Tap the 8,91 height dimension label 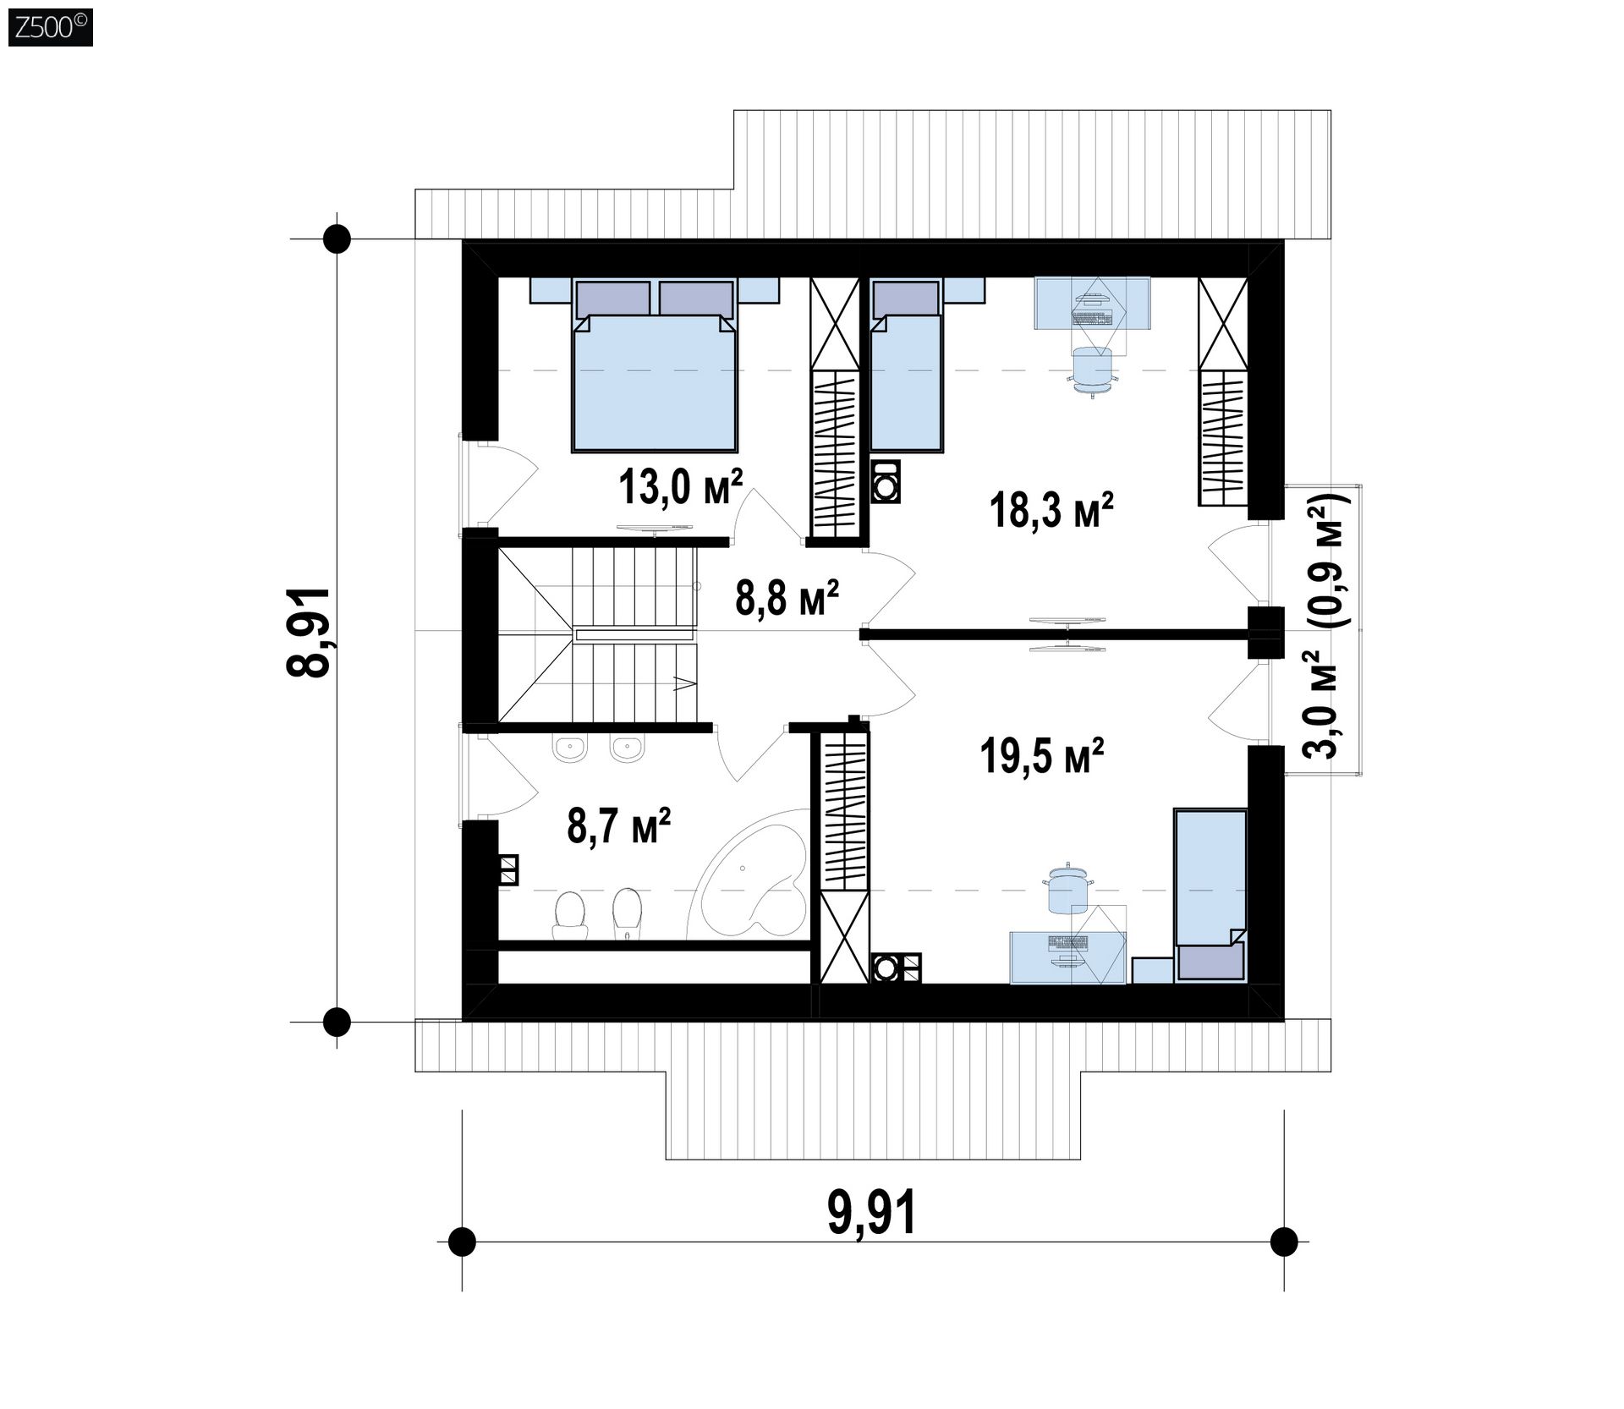tap(307, 630)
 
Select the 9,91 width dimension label tap(872, 1215)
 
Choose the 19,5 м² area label tap(1042, 755)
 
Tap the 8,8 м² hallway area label tap(787, 597)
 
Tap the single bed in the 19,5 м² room tap(1210, 896)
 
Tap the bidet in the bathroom tap(626, 913)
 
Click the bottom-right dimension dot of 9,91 tap(1284, 1242)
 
